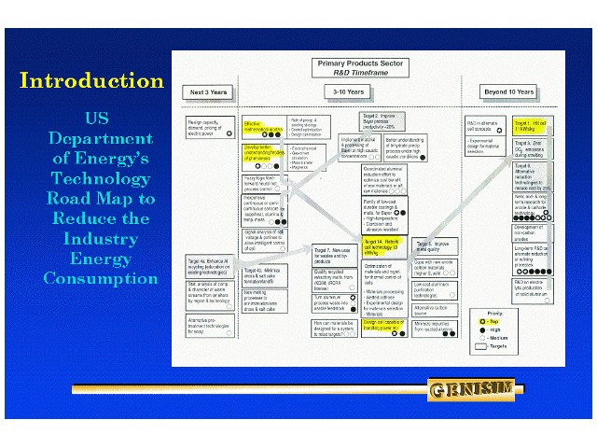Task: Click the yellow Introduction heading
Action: point(91,81)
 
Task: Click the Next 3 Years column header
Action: point(210,92)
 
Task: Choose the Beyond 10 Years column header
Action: point(509,92)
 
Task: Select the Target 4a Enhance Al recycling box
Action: point(208,267)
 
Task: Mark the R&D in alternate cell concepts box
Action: point(487,125)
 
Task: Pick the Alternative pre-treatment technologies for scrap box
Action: point(208,324)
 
